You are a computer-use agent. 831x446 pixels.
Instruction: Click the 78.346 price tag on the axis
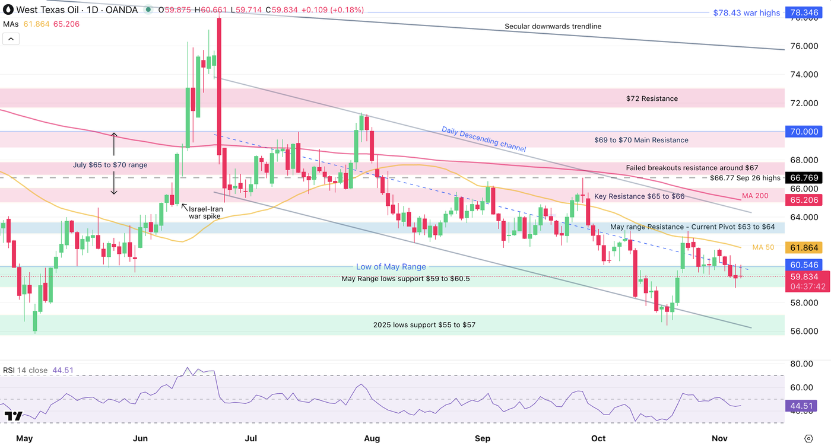click(x=801, y=12)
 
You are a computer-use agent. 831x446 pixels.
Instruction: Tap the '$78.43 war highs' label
click(x=747, y=12)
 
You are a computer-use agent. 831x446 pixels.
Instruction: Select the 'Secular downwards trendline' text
click(x=553, y=26)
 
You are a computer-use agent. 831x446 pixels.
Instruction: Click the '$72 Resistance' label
click(x=652, y=98)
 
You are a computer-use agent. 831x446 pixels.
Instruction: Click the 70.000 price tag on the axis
click(x=801, y=132)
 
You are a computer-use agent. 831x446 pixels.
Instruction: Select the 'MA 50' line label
click(x=763, y=247)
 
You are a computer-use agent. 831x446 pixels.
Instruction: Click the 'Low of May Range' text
click(x=391, y=267)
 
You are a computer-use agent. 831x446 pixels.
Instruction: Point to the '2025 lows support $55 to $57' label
click(x=424, y=324)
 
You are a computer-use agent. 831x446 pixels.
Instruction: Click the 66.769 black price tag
click(x=801, y=178)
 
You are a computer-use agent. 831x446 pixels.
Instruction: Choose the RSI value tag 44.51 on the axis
click(x=801, y=406)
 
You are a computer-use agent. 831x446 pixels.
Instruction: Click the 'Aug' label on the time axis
click(x=372, y=438)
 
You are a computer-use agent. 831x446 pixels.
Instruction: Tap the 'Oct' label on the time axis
click(x=598, y=438)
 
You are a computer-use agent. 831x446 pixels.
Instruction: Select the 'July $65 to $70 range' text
click(x=110, y=165)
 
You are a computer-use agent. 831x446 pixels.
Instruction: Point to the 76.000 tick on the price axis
click(x=801, y=46)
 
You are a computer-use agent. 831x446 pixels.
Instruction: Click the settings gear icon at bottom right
click(x=808, y=438)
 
